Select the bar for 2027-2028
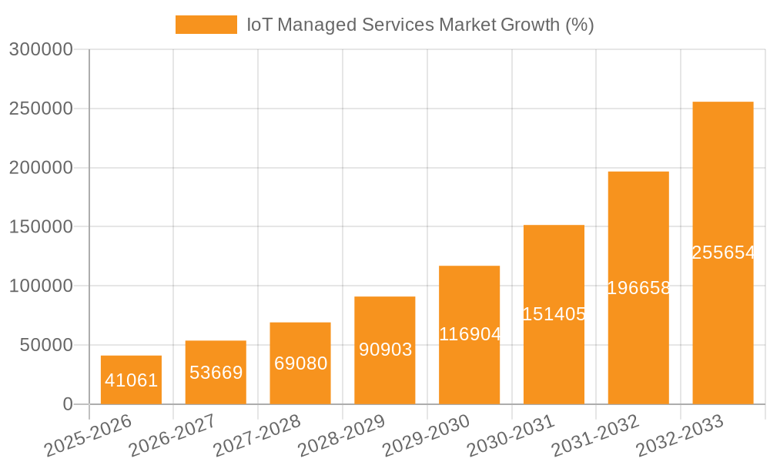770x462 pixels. tap(300, 339)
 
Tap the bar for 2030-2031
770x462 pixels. tap(554, 277)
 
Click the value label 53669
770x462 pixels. tap(216, 373)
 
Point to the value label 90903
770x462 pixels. tap(385, 350)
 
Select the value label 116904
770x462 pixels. tap(470, 334)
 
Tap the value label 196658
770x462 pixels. tap(638, 288)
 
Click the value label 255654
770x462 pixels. tap(723, 253)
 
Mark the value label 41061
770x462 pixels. tap(131, 380)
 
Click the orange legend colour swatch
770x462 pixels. tap(206, 25)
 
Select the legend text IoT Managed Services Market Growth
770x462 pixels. tap(420, 25)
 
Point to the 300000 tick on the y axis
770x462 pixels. tap(41, 49)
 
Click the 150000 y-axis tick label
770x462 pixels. tap(41, 227)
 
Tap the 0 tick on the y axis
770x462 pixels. tap(67, 404)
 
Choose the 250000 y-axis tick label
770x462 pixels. tap(41, 109)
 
